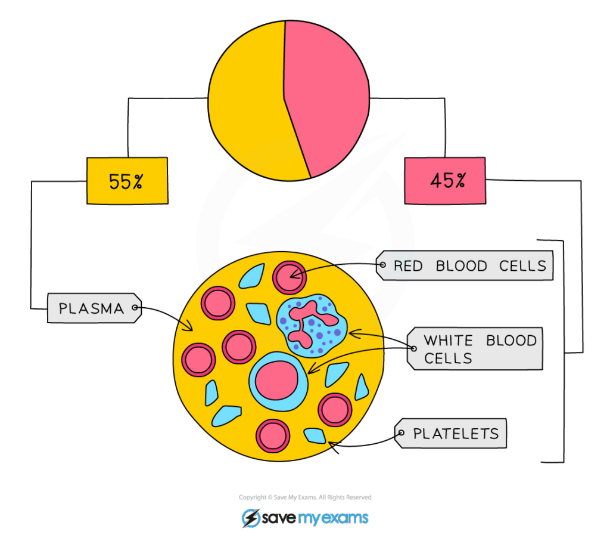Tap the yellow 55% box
[127, 181]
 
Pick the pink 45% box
[445, 180]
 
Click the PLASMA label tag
[93, 308]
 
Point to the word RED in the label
[408, 266]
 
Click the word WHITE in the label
[447, 341]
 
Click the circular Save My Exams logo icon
[251, 518]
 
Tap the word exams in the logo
[345, 518]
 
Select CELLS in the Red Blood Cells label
[524, 266]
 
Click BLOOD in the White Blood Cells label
[512, 341]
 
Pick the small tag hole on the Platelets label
[402, 434]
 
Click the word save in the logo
[277, 518]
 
